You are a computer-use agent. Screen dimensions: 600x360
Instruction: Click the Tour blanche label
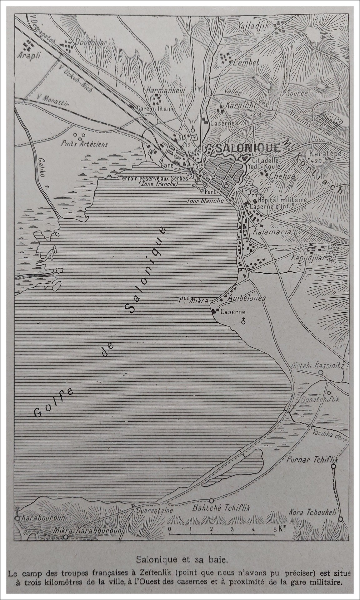click(x=205, y=201)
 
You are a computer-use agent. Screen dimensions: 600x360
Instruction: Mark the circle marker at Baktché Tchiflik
click(x=212, y=500)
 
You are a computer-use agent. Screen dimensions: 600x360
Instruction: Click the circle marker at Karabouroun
click(x=17, y=518)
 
